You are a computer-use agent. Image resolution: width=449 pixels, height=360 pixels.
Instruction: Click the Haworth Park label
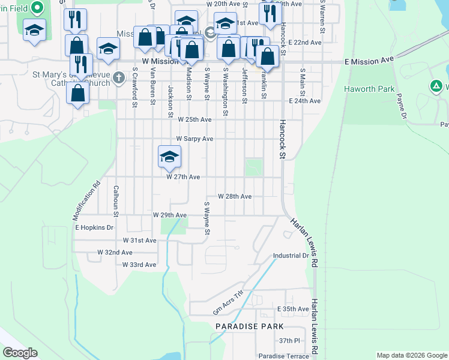(369, 89)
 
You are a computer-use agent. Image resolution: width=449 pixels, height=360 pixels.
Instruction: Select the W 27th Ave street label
(182, 177)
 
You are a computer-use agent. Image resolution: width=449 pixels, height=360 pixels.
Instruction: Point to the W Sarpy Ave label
(194, 139)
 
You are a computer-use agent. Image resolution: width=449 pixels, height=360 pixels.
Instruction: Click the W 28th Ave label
(234, 196)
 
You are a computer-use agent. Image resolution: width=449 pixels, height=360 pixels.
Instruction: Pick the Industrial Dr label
(291, 256)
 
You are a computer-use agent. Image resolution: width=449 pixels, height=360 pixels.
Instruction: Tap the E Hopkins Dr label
(94, 227)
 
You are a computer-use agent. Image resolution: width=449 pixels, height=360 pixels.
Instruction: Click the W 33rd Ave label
(139, 264)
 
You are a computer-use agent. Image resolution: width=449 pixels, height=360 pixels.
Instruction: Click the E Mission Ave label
(369, 61)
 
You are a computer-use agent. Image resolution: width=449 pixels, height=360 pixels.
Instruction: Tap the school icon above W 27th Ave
(169, 157)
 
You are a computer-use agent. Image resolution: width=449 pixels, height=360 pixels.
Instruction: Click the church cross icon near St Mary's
(118, 77)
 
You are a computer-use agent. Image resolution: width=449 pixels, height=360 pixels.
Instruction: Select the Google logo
(20, 353)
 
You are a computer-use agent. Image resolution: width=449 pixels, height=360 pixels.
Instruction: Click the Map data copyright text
(411, 355)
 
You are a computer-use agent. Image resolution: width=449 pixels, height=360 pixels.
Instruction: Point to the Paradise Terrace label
(284, 356)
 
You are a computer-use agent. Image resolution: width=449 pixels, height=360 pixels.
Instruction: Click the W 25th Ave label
(194, 119)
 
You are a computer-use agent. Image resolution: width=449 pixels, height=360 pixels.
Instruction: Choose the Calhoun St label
(116, 197)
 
